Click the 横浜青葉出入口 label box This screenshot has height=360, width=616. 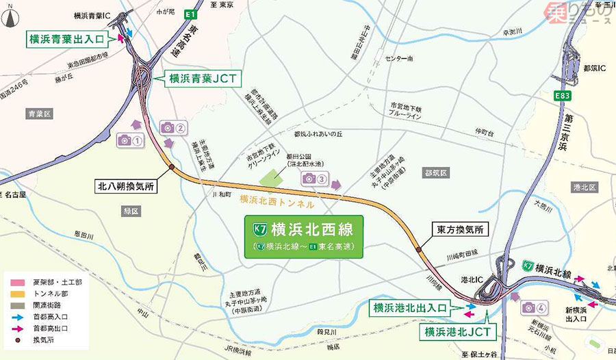pyautogui.click(x=66, y=39)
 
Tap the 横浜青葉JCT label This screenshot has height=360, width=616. pyautogui.click(x=202, y=79)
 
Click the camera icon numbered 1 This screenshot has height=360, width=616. pyautogui.click(x=130, y=140)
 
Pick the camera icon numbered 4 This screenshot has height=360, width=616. pyautogui.click(x=535, y=308)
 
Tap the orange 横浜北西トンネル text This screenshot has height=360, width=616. pyautogui.click(x=277, y=203)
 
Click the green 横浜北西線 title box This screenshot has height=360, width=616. pyautogui.click(x=304, y=236)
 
